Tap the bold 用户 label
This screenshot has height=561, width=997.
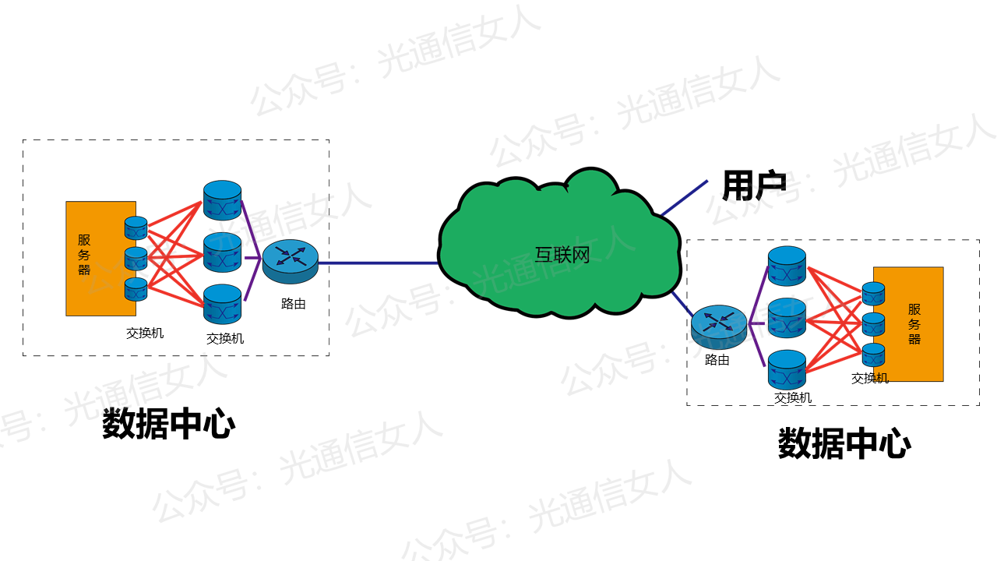[x=753, y=185]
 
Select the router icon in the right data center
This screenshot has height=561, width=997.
[x=719, y=326]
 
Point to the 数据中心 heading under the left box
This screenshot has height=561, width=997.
[x=168, y=425]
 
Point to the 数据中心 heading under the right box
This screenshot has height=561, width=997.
[x=844, y=444]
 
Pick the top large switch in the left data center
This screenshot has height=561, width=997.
[x=223, y=200]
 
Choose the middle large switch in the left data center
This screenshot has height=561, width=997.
[x=223, y=252]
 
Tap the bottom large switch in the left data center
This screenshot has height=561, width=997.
[x=223, y=304]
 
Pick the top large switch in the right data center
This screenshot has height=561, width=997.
[x=787, y=266]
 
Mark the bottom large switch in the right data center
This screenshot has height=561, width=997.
[x=787, y=369]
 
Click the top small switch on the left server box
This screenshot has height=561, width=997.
[x=136, y=228]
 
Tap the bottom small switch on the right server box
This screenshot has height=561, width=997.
[x=873, y=355]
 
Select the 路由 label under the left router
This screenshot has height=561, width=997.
[x=294, y=305]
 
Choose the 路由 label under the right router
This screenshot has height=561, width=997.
[x=717, y=360]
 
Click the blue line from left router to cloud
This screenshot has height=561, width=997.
[x=378, y=263]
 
